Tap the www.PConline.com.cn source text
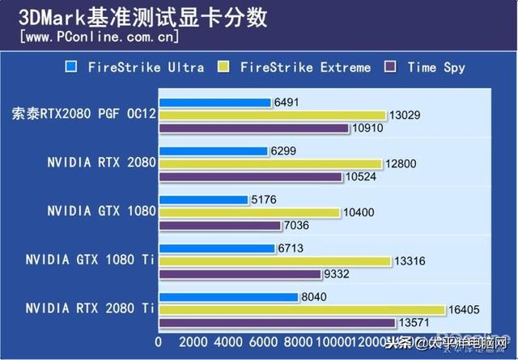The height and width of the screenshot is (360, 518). coord(98,37)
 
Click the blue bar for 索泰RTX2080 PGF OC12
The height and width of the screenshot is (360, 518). coord(214,103)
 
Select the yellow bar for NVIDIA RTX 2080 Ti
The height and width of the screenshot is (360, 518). coord(302,310)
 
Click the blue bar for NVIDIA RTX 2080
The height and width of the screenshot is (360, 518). coord(213,151)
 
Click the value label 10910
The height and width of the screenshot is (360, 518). coord(368,128)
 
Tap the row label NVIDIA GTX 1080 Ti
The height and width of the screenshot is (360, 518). coord(90,260)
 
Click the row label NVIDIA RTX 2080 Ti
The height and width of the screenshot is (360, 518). coord(90,308)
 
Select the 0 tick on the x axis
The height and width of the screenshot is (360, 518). coord(159,343)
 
